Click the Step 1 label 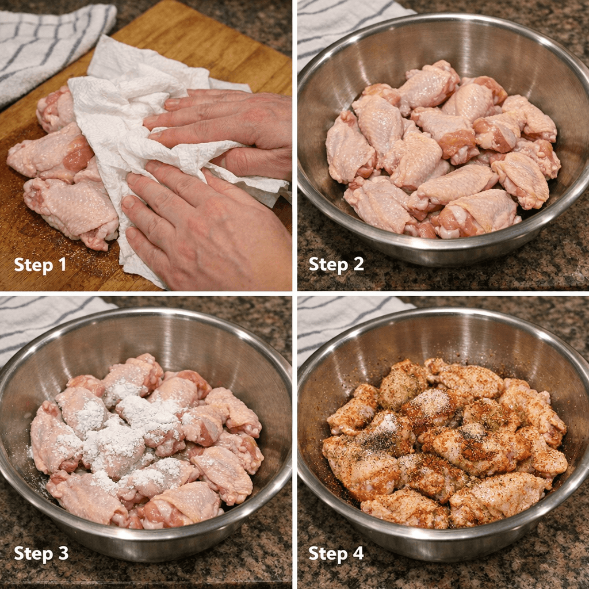pyautogui.click(x=40, y=265)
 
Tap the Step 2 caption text pyautogui.click(x=336, y=265)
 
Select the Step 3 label pyautogui.click(x=41, y=553)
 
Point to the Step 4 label pyautogui.click(x=336, y=553)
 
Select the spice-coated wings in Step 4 pyautogui.click(x=443, y=443)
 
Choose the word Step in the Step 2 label pyautogui.click(x=326, y=265)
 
